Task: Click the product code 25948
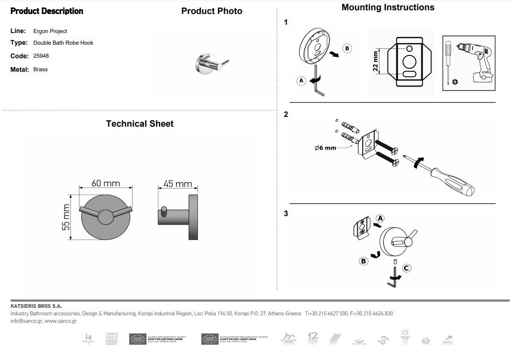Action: pos(41,56)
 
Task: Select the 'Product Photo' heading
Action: pos(212,11)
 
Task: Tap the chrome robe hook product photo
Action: pos(210,64)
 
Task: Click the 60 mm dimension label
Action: pos(106,183)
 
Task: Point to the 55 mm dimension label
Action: pos(66,217)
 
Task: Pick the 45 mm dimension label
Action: pos(177,184)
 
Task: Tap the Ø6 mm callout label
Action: pos(325,148)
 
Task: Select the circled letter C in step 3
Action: pos(406,268)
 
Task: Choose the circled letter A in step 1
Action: pos(301,81)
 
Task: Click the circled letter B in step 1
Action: pos(347,48)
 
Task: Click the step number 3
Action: pos(286,214)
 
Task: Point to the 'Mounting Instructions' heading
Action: pos(388,7)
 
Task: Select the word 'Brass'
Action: pos(41,69)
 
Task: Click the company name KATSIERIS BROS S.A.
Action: pos(36,306)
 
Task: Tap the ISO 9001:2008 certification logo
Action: pos(157,339)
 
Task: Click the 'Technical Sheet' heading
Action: pos(140,124)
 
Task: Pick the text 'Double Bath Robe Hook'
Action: pos(63,43)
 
